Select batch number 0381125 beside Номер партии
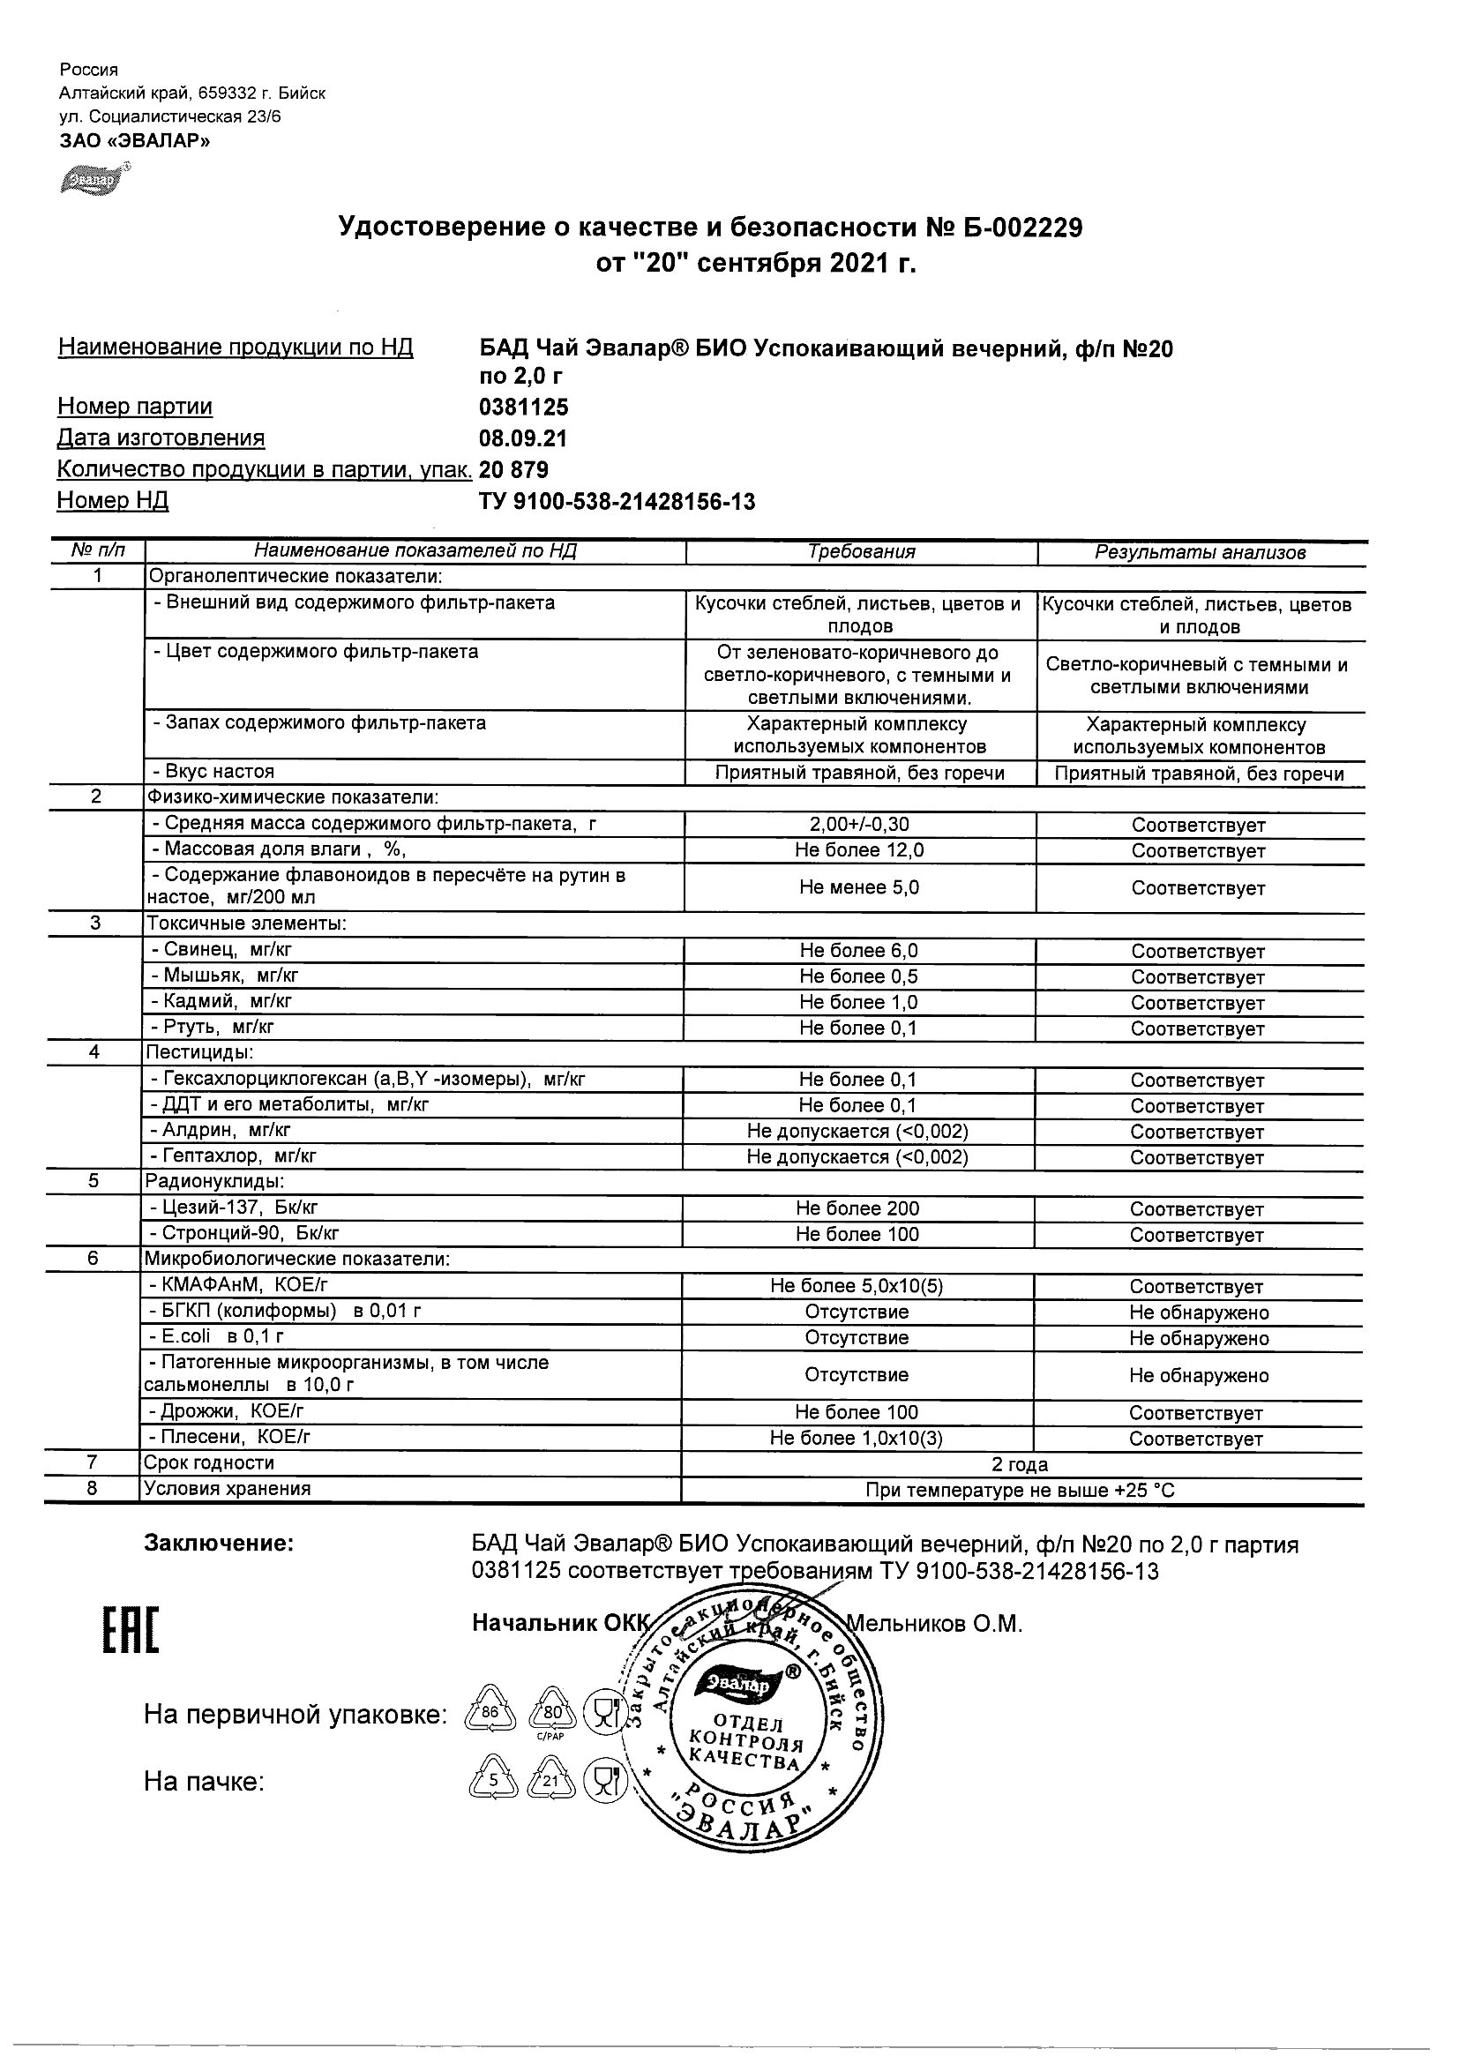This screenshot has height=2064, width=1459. click(524, 408)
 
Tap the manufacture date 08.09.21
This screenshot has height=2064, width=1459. click(523, 438)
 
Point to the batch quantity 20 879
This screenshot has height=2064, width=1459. click(514, 470)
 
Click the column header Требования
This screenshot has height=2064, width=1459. click(861, 552)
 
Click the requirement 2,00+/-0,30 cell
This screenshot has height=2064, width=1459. click(860, 825)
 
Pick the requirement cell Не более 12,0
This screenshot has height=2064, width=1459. click(860, 850)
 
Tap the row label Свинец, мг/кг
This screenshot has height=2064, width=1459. click(221, 949)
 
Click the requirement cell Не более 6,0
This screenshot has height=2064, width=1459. click(859, 951)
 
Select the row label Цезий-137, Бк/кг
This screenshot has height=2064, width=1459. click(233, 1208)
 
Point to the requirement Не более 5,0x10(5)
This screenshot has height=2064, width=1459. click(857, 1286)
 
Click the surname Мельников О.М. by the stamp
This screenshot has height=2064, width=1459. click(935, 1625)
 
